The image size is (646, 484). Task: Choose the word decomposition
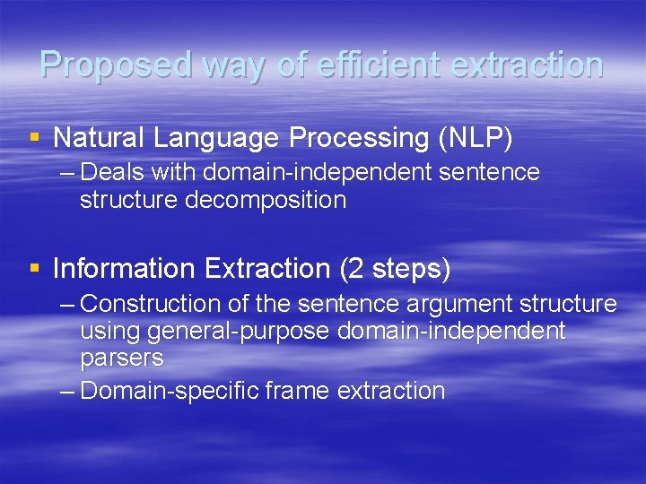tap(266, 199)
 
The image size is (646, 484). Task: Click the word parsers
tap(121, 359)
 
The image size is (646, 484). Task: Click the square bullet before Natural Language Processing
tap(35, 138)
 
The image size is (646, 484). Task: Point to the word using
tap(109, 332)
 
